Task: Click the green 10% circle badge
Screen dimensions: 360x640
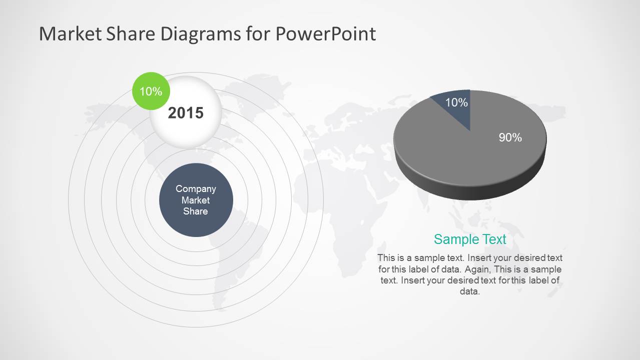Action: click(x=151, y=91)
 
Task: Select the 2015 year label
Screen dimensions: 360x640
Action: click(x=186, y=113)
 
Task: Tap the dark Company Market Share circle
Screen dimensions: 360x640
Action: click(x=196, y=200)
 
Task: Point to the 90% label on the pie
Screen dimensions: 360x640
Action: click(x=510, y=137)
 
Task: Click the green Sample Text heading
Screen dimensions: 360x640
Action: click(x=470, y=239)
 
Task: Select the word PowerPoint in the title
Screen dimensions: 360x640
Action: click(x=325, y=34)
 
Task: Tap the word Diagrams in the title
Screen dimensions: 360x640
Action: click(x=201, y=34)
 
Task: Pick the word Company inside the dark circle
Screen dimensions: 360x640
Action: click(x=196, y=189)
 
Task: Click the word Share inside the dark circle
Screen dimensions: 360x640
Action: click(x=196, y=211)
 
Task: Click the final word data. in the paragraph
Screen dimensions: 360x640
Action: click(x=470, y=291)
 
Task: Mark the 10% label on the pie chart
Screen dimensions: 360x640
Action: click(x=456, y=102)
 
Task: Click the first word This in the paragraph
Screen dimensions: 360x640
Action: click(x=386, y=258)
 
